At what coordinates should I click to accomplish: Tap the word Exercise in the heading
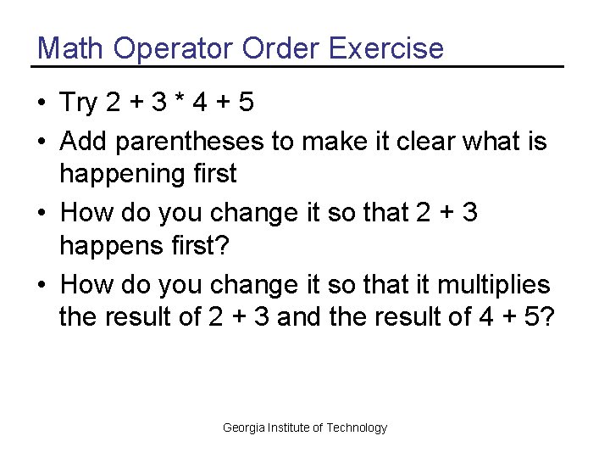point(385,48)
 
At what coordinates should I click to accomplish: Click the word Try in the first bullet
point(80,103)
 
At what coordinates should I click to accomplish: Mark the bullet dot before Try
point(41,104)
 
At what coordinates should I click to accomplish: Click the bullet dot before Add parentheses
point(41,141)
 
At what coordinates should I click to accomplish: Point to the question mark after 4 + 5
point(546,317)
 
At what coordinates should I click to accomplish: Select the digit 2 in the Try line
point(114,103)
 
